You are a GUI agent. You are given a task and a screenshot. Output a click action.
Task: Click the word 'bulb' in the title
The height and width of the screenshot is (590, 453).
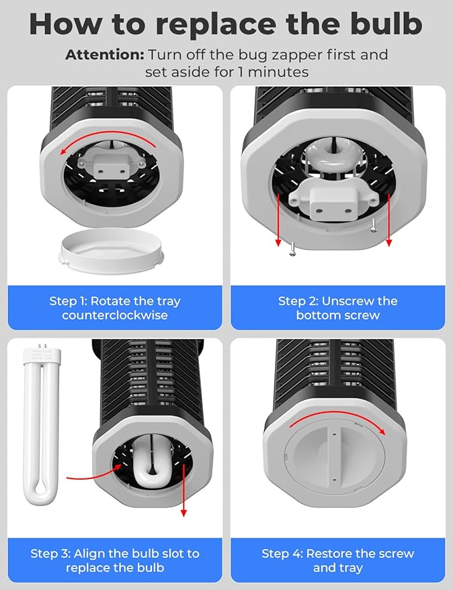tap(382, 24)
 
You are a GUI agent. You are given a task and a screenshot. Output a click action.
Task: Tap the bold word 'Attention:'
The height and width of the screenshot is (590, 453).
tap(105, 55)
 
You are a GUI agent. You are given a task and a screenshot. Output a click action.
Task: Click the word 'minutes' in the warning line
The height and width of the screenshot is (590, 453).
tap(280, 71)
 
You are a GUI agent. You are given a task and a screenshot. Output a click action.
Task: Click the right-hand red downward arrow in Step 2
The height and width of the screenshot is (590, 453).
tap(388, 222)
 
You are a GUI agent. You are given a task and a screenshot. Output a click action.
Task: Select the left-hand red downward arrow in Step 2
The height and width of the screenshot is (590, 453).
tap(277, 222)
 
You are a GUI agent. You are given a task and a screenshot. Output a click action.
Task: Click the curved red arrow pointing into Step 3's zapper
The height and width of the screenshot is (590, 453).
tap(94, 475)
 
